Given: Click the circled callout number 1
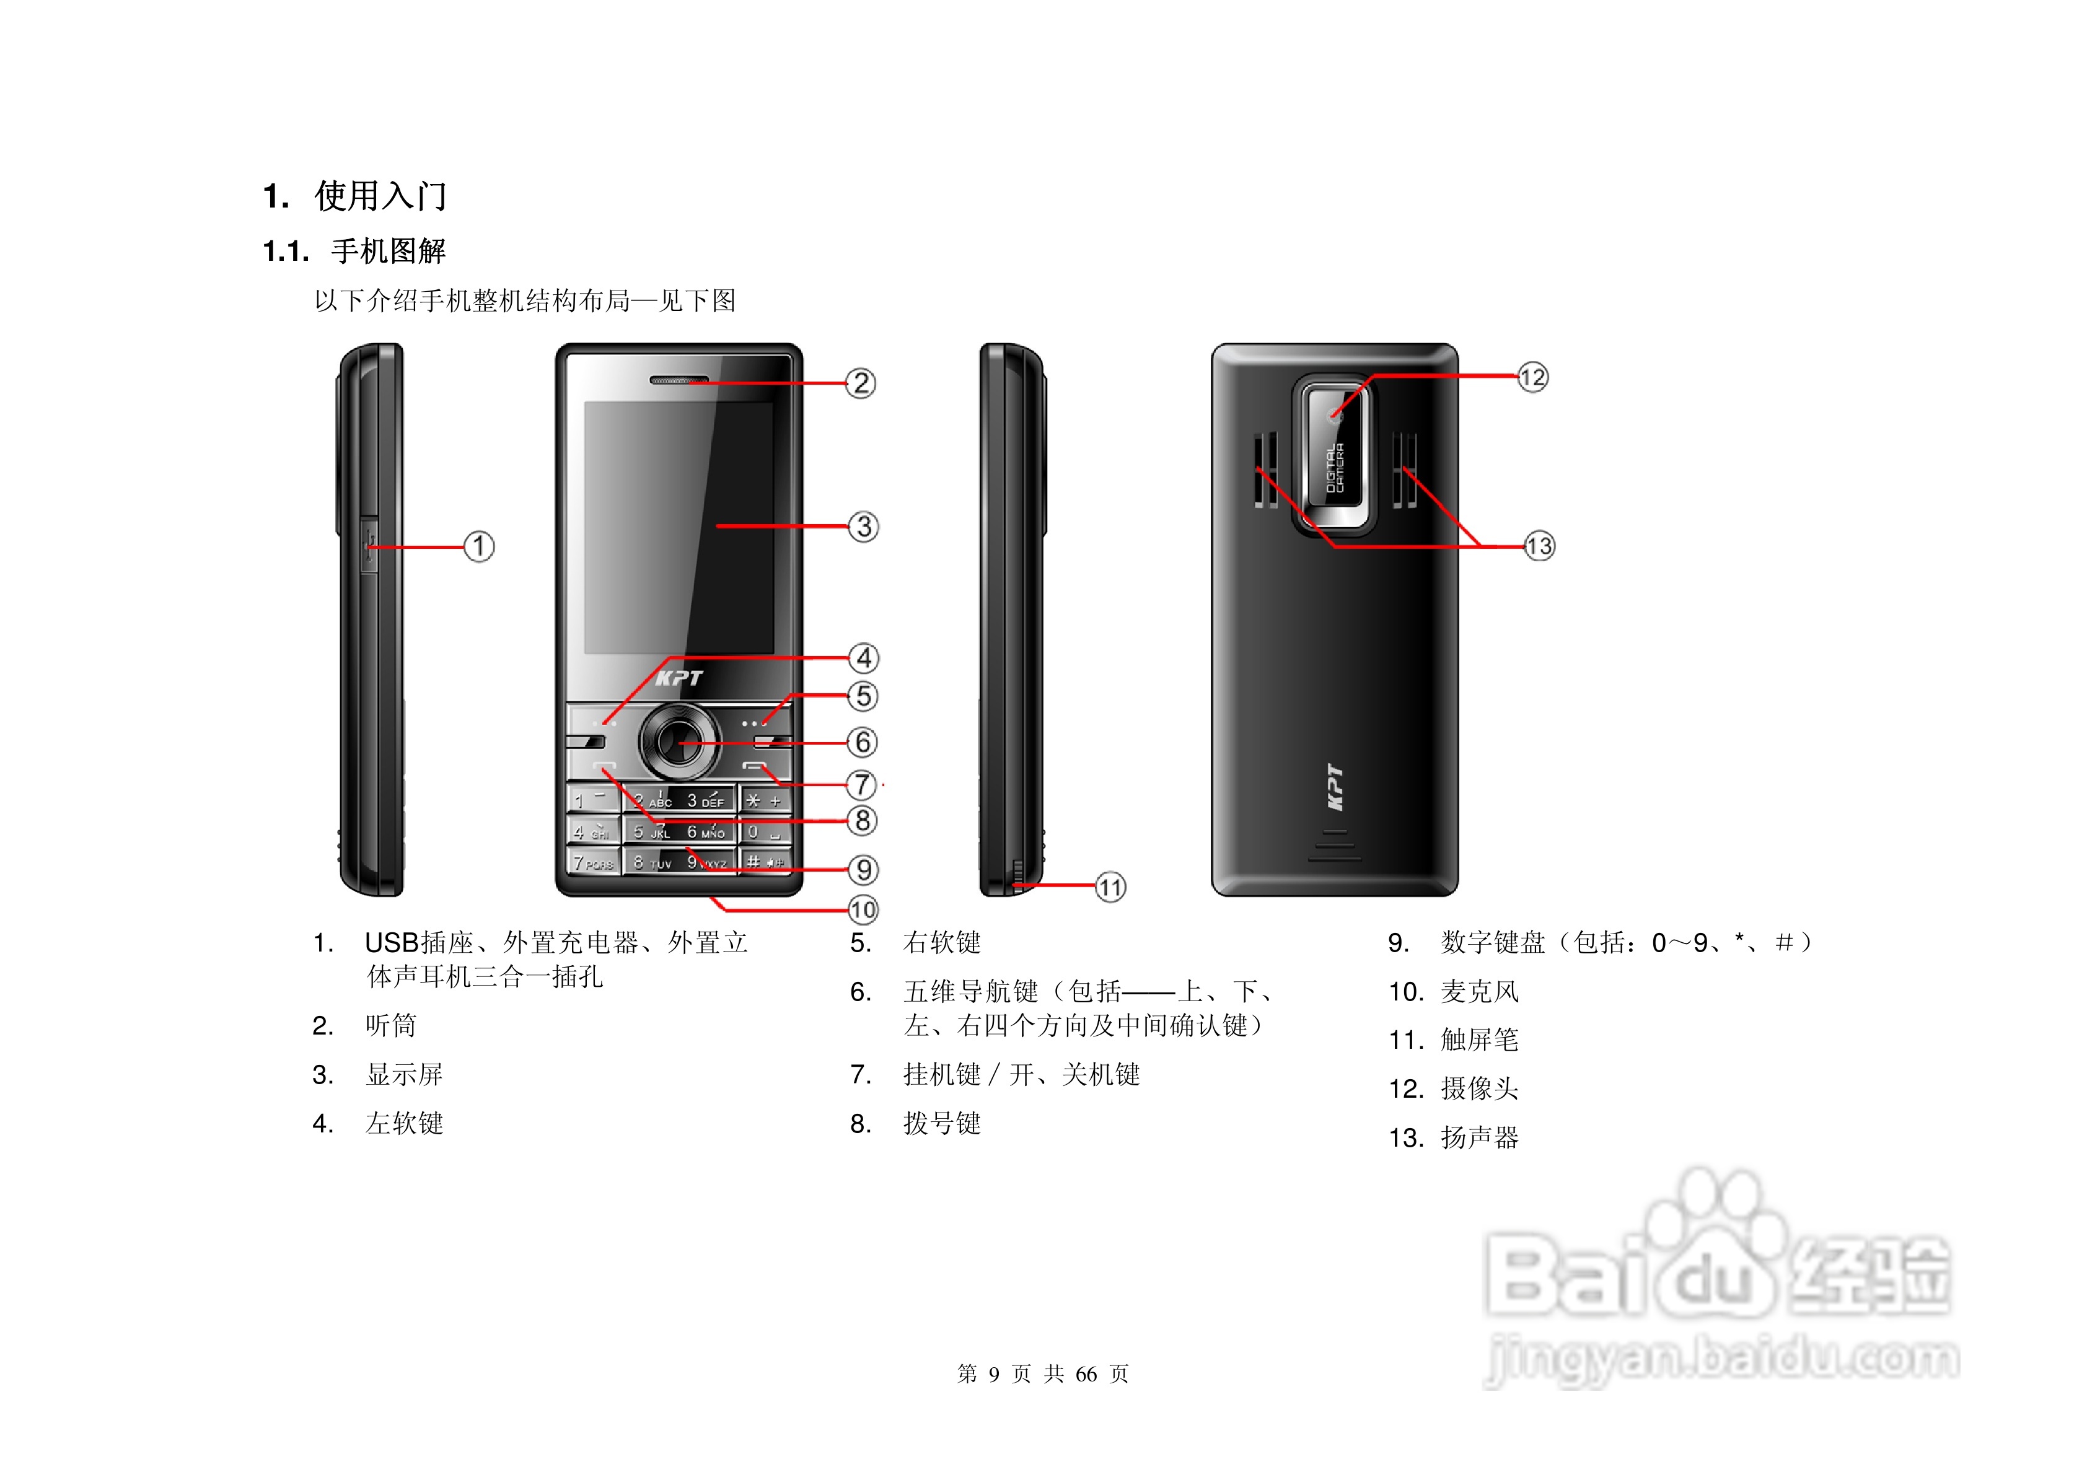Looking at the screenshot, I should (x=479, y=546).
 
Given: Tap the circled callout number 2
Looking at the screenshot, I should (x=860, y=383).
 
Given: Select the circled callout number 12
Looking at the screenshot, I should (x=1532, y=377).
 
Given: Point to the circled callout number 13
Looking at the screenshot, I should (x=1539, y=546).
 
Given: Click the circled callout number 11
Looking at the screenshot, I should (x=1110, y=887).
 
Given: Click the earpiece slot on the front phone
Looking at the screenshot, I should (x=678, y=379).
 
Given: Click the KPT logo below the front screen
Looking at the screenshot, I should (x=679, y=678).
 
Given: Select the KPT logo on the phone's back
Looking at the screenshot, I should (x=1334, y=787).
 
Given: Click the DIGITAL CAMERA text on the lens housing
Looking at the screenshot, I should (x=1333, y=468).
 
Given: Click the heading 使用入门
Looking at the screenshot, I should (x=380, y=195).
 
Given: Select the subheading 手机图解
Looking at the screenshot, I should (x=388, y=251).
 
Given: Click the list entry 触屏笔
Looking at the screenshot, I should (x=1479, y=1040).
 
